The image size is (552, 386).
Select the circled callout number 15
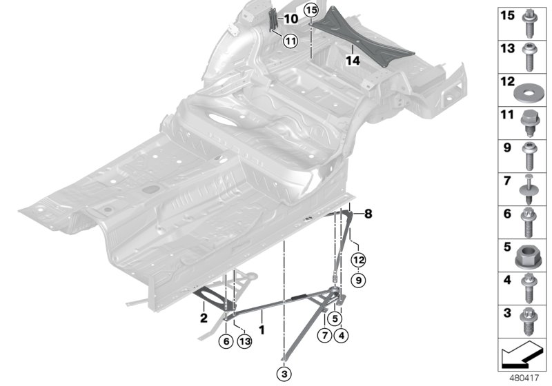point(311,10)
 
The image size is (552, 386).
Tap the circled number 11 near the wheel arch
point(290,41)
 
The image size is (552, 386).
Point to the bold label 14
point(353,61)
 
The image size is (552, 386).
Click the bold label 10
point(291,19)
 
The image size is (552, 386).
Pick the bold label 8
point(368,214)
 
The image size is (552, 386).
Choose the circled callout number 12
point(357,260)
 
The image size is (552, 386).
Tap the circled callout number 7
point(322,336)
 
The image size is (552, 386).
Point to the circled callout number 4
point(340,336)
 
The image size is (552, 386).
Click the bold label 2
point(204,318)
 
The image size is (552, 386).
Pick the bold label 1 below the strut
point(262,332)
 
